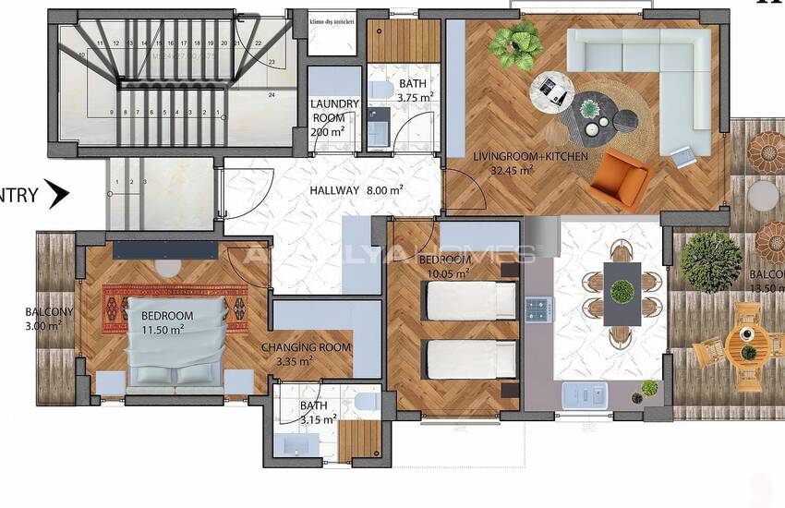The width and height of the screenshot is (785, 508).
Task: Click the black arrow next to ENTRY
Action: [x=57, y=194]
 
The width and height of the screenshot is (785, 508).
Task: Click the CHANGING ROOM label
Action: [x=307, y=347]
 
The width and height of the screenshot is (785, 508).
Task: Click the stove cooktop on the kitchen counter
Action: [x=538, y=309]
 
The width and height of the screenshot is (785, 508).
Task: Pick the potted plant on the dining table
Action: [x=622, y=292]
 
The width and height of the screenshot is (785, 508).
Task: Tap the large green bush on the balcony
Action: [x=710, y=260]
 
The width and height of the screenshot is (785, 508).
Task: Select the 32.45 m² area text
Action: [x=513, y=170]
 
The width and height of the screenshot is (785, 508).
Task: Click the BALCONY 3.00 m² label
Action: [x=48, y=319]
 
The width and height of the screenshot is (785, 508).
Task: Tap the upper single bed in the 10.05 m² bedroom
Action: [x=469, y=300]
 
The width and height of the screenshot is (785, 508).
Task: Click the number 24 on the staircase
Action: [x=272, y=94]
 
